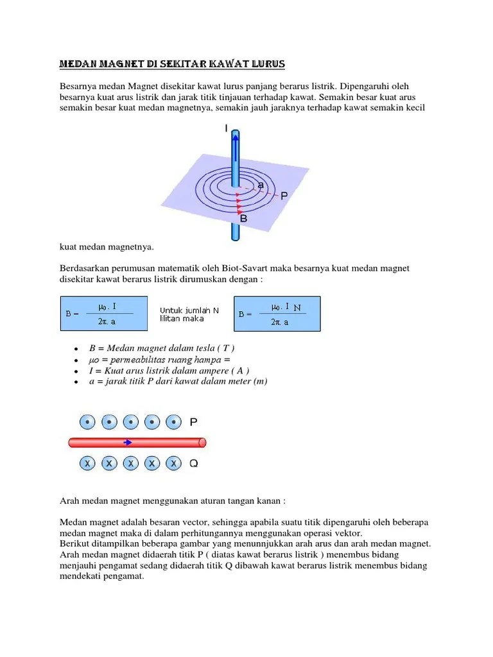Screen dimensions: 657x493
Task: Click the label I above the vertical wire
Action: coord(226,128)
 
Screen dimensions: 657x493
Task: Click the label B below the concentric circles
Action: coord(243,219)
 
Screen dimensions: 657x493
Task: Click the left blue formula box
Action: coord(103,313)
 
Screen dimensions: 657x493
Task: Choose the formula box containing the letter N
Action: coord(277,313)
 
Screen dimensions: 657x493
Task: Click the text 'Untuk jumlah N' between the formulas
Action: coord(189,310)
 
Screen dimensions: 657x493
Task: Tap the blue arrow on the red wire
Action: coord(129,442)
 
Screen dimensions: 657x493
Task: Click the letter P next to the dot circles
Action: coord(193,422)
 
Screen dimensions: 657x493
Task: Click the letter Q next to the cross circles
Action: coord(193,463)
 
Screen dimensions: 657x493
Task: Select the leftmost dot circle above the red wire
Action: coord(88,422)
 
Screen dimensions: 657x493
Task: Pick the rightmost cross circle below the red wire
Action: coord(173,463)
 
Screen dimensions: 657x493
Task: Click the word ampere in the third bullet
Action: coord(210,371)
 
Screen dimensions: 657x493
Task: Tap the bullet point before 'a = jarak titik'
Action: coord(76,382)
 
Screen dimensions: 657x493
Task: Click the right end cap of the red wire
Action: coord(202,442)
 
